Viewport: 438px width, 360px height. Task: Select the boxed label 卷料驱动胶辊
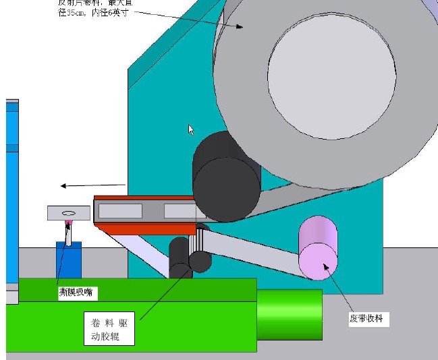tap(109, 329)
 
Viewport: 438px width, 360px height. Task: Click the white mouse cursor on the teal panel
tap(191, 129)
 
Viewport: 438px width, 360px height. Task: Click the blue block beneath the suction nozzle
tap(67, 260)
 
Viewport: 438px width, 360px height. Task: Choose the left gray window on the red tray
tap(120, 211)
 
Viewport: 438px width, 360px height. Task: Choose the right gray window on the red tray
tap(178, 211)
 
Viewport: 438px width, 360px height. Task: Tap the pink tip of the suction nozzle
tap(68, 222)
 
